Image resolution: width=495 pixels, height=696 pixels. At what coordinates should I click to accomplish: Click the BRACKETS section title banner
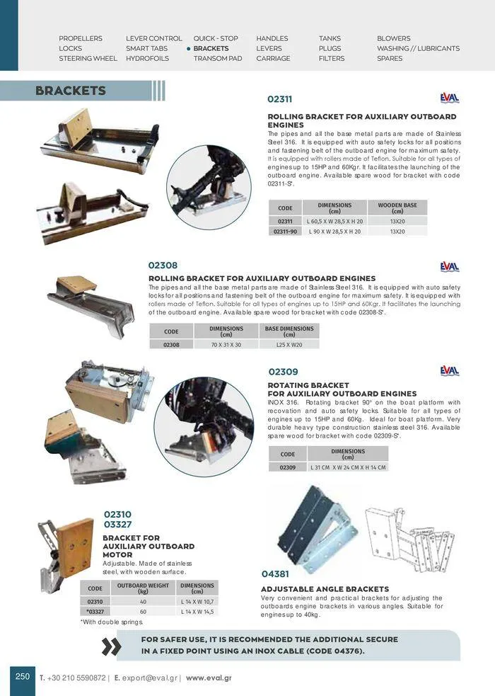point(71,91)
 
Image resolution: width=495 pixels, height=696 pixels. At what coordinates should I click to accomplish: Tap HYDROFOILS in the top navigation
point(147,59)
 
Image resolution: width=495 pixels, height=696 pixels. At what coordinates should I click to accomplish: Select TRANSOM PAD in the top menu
point(218,59)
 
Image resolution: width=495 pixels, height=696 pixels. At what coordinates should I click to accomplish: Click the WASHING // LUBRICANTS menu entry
point(418,49)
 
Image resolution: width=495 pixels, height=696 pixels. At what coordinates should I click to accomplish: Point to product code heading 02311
point(279,100)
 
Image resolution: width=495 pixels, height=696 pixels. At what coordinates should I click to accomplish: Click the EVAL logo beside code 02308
point(449,267)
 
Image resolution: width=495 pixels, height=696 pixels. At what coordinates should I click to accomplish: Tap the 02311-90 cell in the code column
point(285,232)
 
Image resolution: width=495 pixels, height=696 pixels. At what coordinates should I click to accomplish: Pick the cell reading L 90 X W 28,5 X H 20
point(334,232)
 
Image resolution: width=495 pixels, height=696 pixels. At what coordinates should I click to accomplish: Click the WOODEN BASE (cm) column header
point(397,208)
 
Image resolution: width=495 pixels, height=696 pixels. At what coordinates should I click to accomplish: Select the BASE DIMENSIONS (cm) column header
point(289,331)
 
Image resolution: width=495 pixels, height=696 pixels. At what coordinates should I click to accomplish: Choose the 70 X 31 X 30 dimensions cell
point(226,344)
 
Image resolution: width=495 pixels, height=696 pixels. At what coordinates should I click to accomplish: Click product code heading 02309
point(283,372)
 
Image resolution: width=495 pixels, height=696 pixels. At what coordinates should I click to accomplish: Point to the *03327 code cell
point(95,611)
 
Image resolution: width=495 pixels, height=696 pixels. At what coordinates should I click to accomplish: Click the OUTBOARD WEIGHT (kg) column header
point(143,588)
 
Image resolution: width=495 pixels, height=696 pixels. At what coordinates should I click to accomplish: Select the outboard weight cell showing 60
point(143,611)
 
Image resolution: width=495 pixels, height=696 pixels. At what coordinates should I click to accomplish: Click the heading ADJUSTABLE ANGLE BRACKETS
point(325,589)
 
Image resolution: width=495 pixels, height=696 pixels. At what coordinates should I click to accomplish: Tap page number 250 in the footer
point(23,676)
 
